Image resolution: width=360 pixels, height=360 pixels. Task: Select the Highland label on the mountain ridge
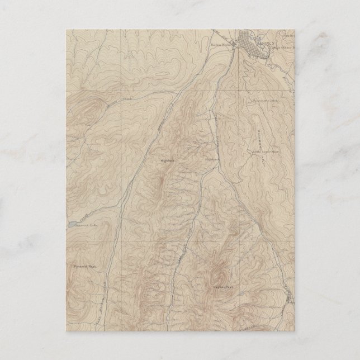coord(168,160)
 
